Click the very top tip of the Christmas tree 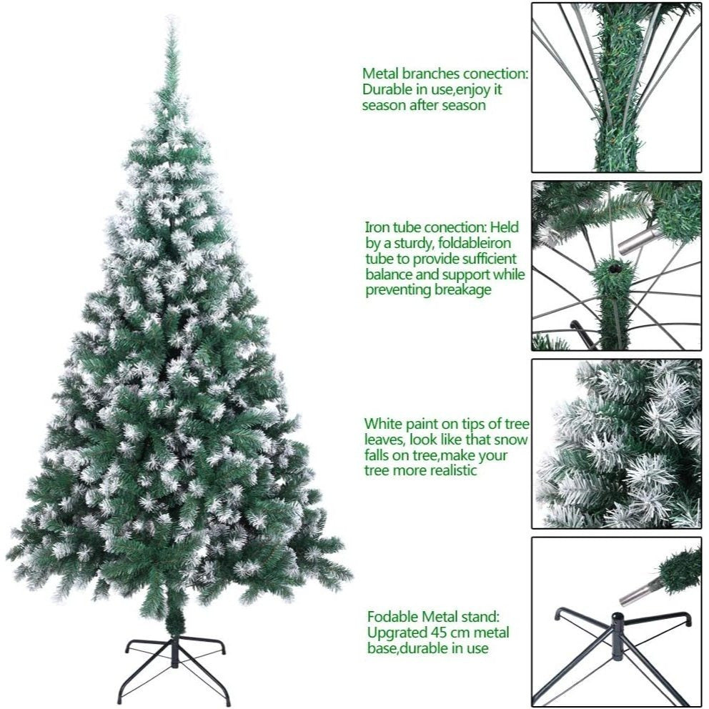(x=171, y=17)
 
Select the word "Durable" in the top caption (x=388, y=89)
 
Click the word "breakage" (x=462, y=290)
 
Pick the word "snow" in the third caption (x=511, y=440)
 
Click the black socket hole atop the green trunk (x=613, y=269)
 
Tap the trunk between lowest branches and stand (x=174, y=622)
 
